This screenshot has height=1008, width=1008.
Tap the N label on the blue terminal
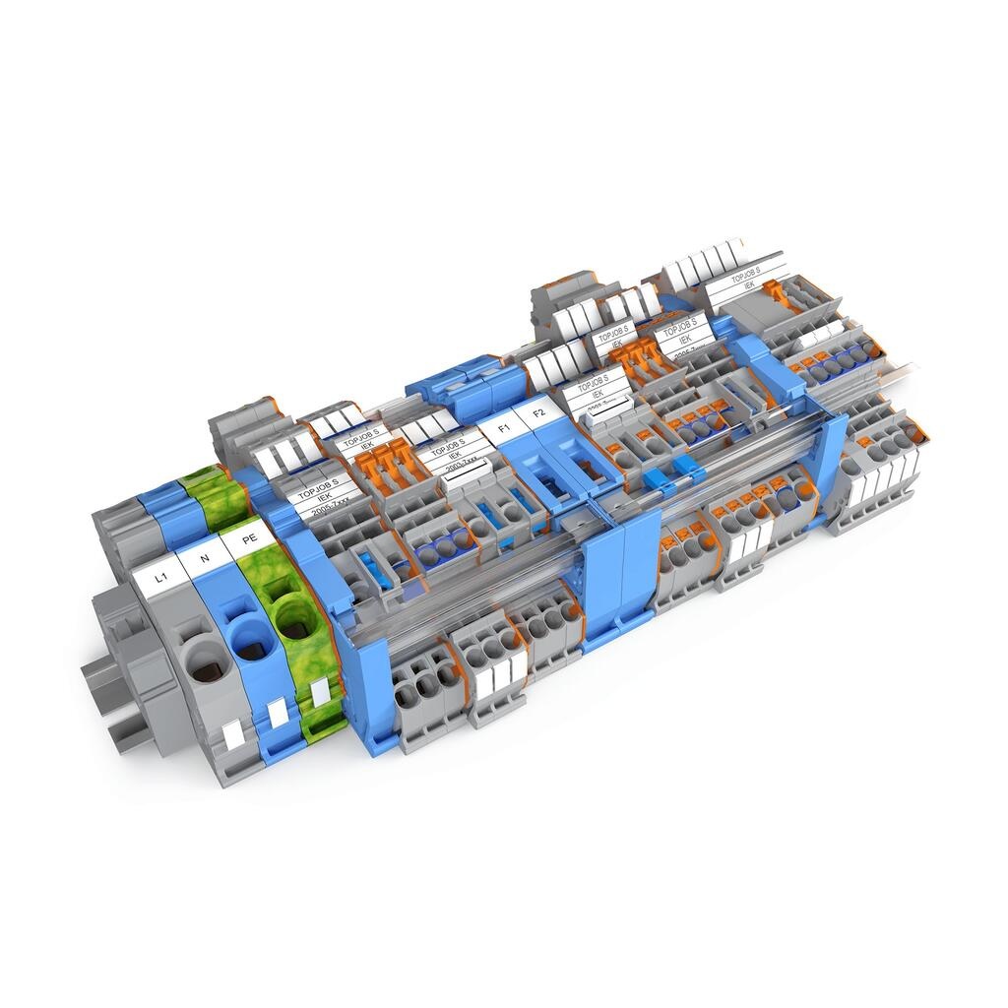(204, 559)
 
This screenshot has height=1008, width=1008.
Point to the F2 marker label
(537, 412)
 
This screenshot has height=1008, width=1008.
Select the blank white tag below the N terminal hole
(277, 711)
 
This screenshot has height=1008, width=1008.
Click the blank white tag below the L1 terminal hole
(232, 734)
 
